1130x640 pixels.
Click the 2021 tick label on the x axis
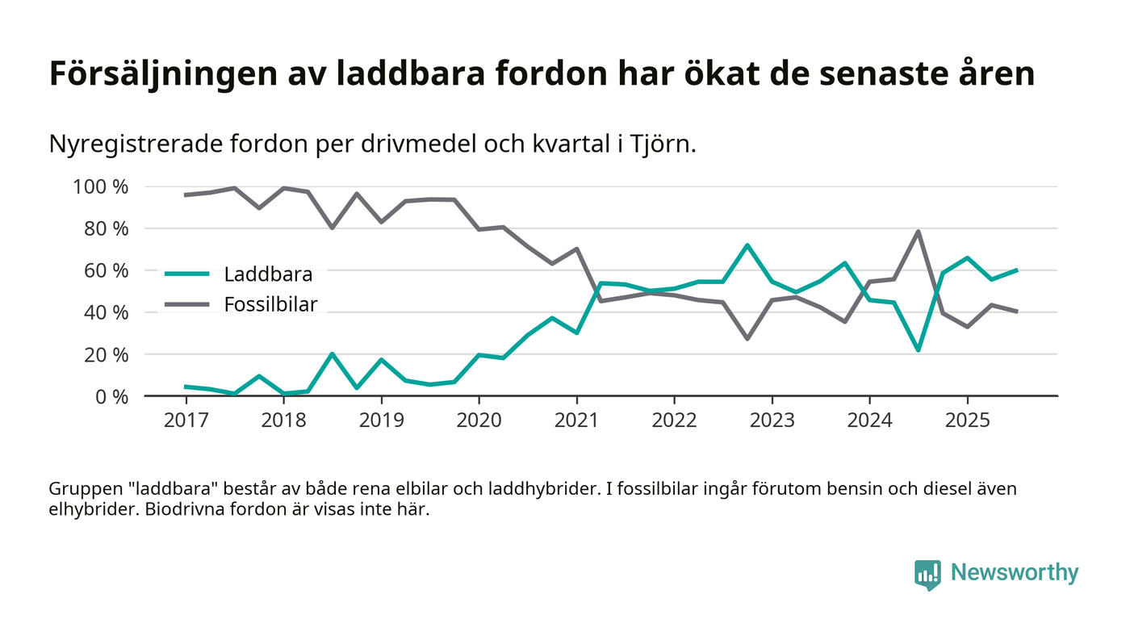point(576,422)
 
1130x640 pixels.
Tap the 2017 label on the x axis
point(186,422)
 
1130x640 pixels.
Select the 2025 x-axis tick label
point(967,422)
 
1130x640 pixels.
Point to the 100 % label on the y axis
point(100,187)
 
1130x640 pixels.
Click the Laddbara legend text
point(268,274)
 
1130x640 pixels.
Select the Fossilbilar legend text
point(270,304)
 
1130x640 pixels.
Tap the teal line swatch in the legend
point(187,274)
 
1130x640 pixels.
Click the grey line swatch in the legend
point(187,304)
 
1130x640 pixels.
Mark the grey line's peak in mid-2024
point(919,232)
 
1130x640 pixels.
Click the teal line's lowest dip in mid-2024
point(919,349)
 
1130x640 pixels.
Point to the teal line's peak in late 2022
point(747,245)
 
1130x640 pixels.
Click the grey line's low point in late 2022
point(747,338)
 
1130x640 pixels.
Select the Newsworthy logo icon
point(927,574)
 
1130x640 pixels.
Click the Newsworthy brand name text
point(1014,573)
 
